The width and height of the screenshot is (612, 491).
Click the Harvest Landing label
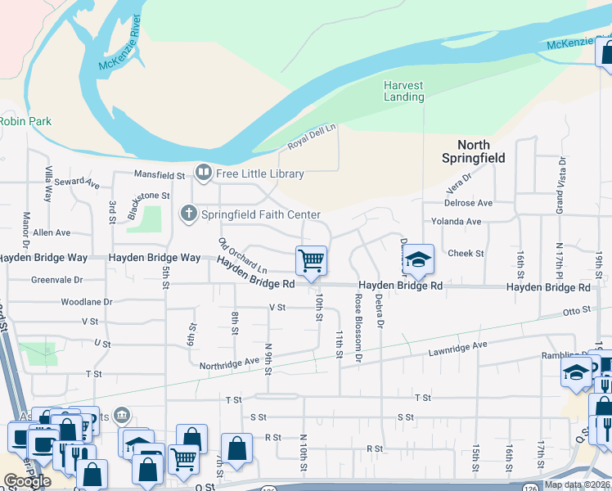pyautogui.click(x=404, y=91)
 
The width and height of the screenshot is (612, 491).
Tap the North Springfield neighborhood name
pyautogui.click(x=474, y=151)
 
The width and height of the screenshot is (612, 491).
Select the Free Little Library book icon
pyautogui.click(x=201, y=173)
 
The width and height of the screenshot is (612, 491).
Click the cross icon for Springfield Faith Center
pyautogui.click(x=188, y=214)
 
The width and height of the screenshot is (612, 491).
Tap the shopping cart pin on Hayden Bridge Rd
pyautogui.click(x=311, y=261)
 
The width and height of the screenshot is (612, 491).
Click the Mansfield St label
pyautogui.click(x=160, y=175)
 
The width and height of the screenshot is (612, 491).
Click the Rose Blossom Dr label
pyautogui.click(x=358, y=330)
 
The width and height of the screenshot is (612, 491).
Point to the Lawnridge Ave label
pyautogui.click(x=457, y=350)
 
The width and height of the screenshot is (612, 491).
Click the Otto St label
pyautogui.click(x=576, y=312)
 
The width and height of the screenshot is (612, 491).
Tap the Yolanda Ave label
pyautogui.click(x=456, y=221)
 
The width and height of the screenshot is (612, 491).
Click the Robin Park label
pyautogui.click(x=25, y=122)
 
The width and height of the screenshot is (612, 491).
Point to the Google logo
pyautogui.click(x=27, y=481)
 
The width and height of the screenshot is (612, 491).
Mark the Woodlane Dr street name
pyautogui.click(x=86, y=302)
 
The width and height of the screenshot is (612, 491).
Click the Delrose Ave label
pyautogui.click(x=468, y=203)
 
